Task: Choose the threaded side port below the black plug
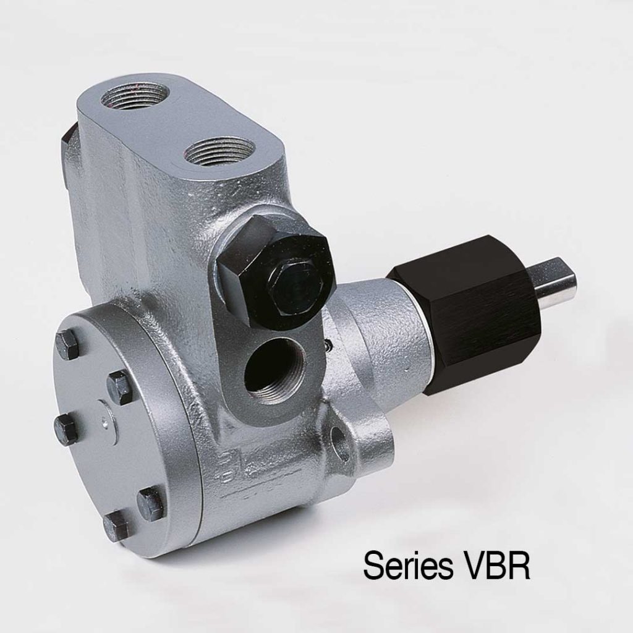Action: pos(272,371)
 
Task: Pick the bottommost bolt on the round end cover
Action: pos(116,525)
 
